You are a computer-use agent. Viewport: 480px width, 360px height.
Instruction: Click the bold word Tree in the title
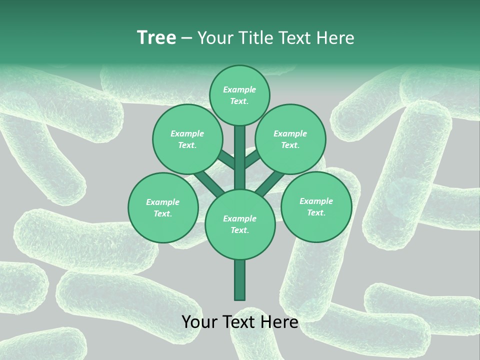[x=156, y=38]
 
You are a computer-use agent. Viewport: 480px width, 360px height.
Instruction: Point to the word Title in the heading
[x=255, y=38]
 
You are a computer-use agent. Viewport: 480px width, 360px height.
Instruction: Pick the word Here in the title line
[x=337, y=38]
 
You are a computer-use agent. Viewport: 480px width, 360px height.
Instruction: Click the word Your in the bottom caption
[x=199, y=322]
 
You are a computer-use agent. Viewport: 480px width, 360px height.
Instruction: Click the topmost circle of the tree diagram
[x=239, y=95]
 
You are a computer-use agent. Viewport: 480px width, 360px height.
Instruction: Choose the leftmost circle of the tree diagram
[x=163, y=207]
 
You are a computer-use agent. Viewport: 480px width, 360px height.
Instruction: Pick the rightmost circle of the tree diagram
[x=316, y=206]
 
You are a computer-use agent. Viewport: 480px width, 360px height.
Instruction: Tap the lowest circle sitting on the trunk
[x=240, y=224]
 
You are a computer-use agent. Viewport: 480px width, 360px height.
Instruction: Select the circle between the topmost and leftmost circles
[x=187, y=139]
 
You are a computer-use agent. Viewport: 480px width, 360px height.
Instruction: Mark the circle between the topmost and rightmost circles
[x=290, y=139]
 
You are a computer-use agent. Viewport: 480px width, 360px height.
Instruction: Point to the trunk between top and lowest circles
[x=240, y=157]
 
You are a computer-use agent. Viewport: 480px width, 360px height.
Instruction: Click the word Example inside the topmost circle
[x=239, y=89]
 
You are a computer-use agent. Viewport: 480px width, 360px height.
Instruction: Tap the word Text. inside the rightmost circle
[x=316, y=212]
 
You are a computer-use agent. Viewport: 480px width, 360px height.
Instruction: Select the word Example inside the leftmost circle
[x=162, y=202]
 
